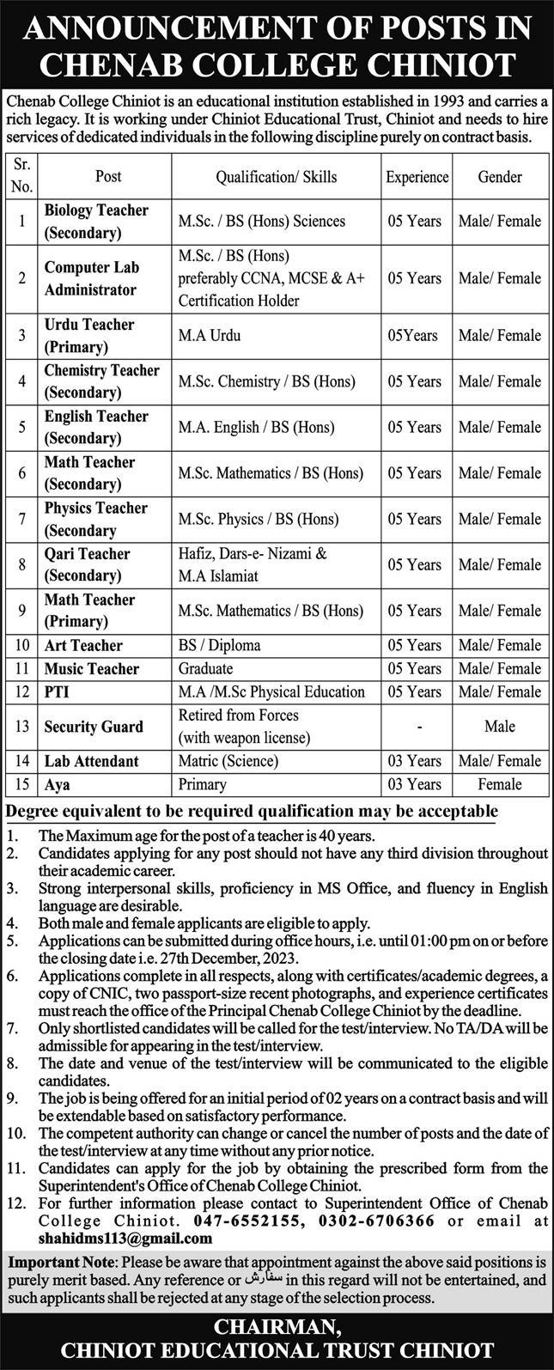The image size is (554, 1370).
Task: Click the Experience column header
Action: (417, 177)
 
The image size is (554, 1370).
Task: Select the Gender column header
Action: (500, 177)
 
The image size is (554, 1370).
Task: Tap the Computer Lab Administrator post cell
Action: (91, 278)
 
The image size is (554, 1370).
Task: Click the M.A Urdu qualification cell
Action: (210, 336)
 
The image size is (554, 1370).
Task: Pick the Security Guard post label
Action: (94, 727)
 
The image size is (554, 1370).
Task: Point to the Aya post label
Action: (57, 784)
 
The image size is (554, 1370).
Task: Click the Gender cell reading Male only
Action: (500, 727)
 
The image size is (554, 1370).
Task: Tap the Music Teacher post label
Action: (92, 668)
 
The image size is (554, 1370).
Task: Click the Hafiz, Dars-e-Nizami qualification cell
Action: (253, 564)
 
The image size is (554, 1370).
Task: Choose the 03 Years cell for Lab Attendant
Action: (417, 761)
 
